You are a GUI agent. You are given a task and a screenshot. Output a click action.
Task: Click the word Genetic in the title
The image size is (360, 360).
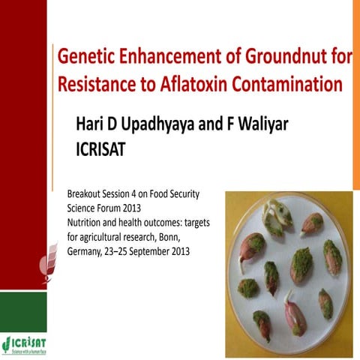82,56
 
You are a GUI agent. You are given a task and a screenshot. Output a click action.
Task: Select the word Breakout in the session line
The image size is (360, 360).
86,194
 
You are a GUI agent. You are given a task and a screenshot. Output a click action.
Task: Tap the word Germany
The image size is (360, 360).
88,251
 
